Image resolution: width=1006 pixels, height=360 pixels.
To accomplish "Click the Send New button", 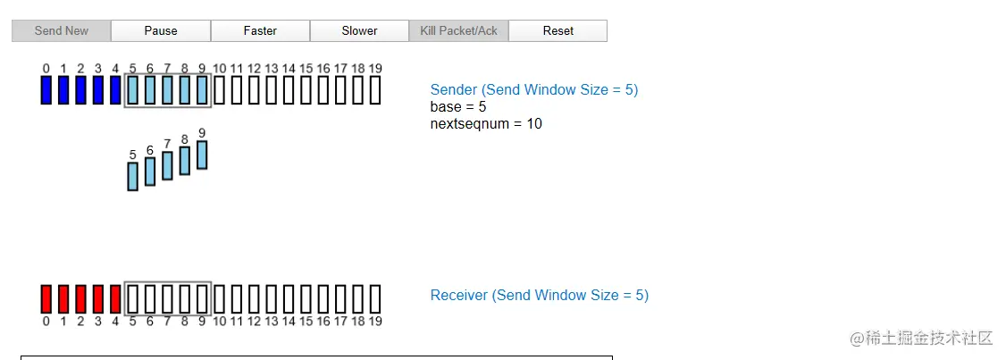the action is (62, 30).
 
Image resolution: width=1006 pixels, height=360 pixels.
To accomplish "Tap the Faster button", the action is (260, 30).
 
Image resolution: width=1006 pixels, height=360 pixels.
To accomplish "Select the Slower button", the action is (359, 30).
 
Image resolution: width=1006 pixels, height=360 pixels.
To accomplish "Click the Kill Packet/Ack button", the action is (458, 30).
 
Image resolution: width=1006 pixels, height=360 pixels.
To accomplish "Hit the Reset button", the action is (558, 30).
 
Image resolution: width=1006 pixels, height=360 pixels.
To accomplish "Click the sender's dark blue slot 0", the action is (46, 90).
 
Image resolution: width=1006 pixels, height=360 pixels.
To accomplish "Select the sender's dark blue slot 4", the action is (115, 90).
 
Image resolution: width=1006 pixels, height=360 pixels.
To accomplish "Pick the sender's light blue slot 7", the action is (167, 90).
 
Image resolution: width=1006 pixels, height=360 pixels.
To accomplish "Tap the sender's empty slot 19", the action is (375, 90).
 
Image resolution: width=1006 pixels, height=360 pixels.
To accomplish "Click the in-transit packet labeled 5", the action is (133, 176).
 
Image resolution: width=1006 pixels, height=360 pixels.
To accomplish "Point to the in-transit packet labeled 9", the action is (202, 155).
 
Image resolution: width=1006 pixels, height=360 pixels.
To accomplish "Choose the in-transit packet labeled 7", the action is (167, 165).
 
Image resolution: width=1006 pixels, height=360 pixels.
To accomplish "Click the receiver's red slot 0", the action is (46, 299).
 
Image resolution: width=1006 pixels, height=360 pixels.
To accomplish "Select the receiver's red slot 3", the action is (98, 299).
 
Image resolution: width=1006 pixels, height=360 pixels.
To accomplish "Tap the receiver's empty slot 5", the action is (133, 299).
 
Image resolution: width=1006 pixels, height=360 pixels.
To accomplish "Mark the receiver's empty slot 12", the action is (254, 299).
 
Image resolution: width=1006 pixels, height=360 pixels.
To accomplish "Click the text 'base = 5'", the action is (457, 106).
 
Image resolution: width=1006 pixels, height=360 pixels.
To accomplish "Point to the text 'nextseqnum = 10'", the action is (486, 123).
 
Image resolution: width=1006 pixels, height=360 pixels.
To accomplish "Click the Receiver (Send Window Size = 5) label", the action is (539, 295).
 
